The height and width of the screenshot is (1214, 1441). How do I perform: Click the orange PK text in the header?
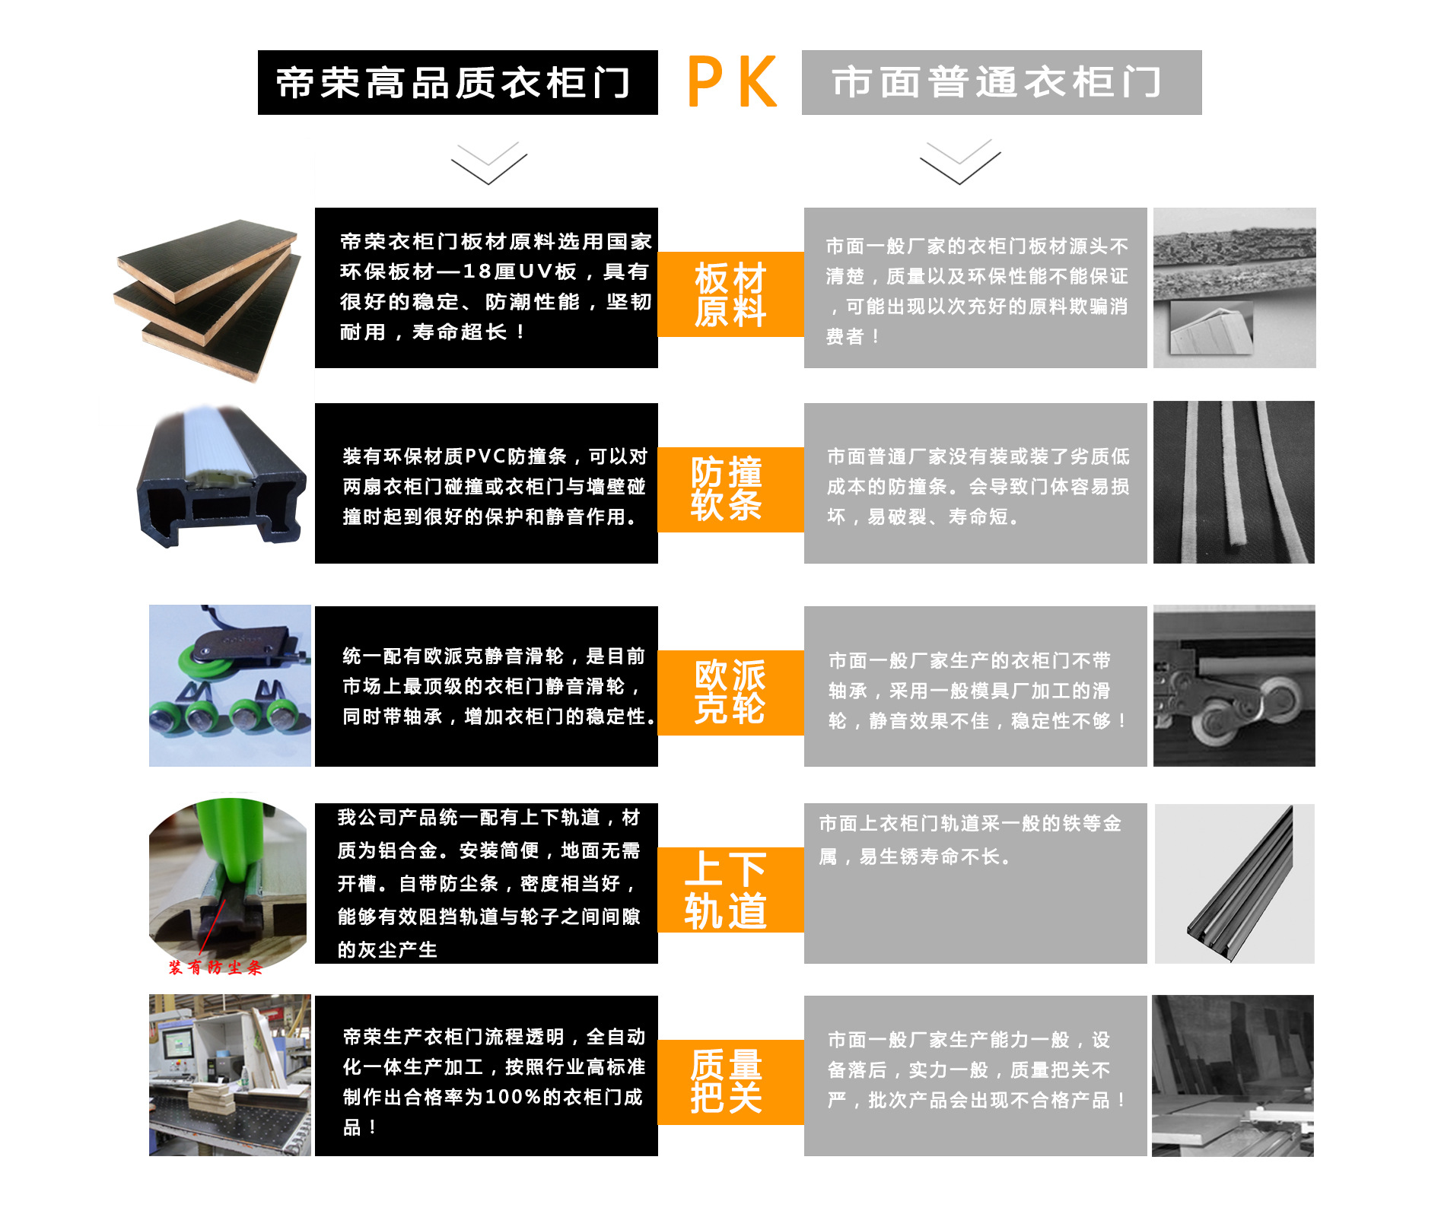(x=732, y=82)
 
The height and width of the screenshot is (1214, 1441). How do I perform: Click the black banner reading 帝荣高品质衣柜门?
(x=458, y=83)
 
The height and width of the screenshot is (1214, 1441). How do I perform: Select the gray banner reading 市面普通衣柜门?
(x=1001, y=83)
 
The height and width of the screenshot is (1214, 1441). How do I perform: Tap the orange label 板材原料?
(x=730, y=294)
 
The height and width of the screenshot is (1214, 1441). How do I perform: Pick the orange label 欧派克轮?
(x=730, y=693)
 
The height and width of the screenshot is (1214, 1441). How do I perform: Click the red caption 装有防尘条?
(x=215, y=968)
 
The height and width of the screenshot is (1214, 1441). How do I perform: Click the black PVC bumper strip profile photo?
(x=221, y=477)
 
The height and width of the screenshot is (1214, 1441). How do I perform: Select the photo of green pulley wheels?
(x=230, y=685)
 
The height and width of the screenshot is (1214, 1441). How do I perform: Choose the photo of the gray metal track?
(x=1235, y=884)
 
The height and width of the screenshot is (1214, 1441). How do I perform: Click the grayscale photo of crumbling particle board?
(x=1235, y=288)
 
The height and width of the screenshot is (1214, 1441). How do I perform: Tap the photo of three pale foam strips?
(x=1234, y=482)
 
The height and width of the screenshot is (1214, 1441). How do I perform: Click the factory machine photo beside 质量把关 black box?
(x=230, y=1076)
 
